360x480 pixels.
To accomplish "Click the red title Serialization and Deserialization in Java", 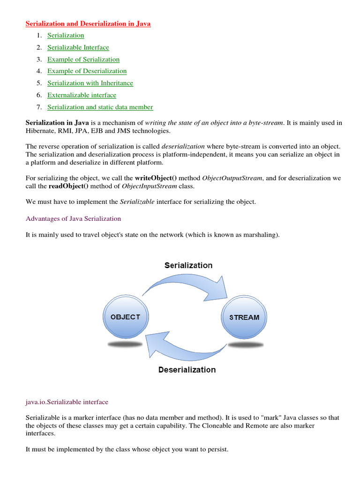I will (x=88, y=23).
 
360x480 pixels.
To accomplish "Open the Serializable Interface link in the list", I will (x=78, y=47).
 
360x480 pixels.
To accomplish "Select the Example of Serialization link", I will (x=83, y=60).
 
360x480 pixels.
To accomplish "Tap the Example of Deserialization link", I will (x=87, y=71).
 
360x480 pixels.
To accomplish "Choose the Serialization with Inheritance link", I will (x=90, y=83).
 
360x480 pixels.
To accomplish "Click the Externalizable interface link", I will (x=82, y=95).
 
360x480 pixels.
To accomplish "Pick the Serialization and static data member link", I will (x=100, y=107).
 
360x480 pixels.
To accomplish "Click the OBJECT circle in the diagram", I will (x=125, y=317).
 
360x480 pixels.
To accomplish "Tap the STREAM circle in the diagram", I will (x=244, y=317).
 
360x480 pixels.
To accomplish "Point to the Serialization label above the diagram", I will (x=188, y=265).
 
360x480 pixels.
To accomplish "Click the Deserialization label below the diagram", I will (x=187, y=370).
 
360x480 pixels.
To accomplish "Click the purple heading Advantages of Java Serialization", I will (x=73, y=218).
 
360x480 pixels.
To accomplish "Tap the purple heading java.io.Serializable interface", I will (x=67, y=402).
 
